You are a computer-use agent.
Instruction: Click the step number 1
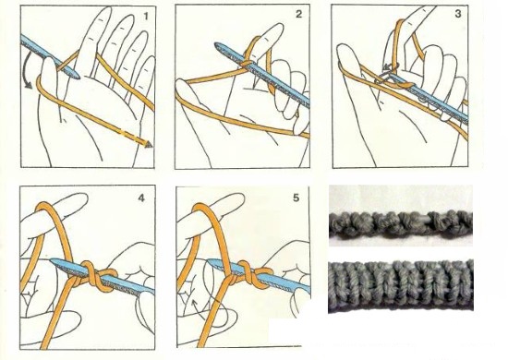[x=146, y=16]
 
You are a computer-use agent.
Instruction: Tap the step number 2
[x=298, y=14]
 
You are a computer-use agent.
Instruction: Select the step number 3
[x=458, y=14]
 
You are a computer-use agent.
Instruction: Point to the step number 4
[x=141, y=198]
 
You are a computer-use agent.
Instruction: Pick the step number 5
[x=296, y=198]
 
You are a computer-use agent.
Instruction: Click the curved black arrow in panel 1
[x=25, y=70]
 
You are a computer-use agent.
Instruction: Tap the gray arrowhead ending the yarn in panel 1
[x=149, y=144]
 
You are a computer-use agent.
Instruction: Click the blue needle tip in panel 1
[x=77, y=76]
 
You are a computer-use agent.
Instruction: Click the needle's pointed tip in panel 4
[x=53, y=260]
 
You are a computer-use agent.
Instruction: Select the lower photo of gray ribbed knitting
[x=401, y=285]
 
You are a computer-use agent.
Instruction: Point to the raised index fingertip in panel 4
[x=79, y=199]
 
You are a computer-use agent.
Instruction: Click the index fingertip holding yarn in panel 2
[x=275, y=30]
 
